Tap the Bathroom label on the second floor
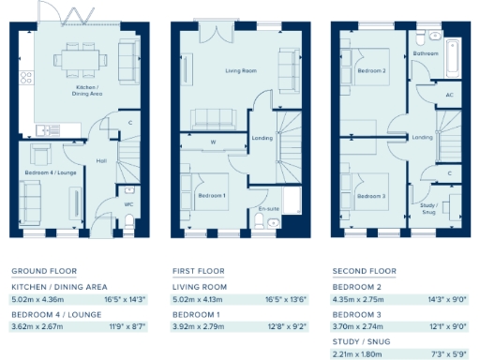[x=426, y=54]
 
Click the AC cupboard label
[x=450, y=95]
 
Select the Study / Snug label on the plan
[x=428, y=208]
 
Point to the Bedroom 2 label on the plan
[x=372, y=70]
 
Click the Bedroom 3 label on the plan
[x=371, y=195]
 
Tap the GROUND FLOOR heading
[x=37, y=271]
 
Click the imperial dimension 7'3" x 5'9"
[x=446, y=354]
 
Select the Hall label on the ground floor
[x=101, y=160]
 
